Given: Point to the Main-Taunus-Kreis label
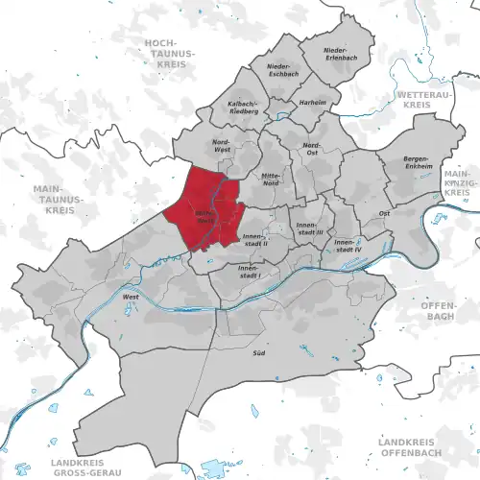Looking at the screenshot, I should pos(52,199).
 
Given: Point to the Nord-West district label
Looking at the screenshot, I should pos(222,146).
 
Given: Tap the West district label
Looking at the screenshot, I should pos(131,298).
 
